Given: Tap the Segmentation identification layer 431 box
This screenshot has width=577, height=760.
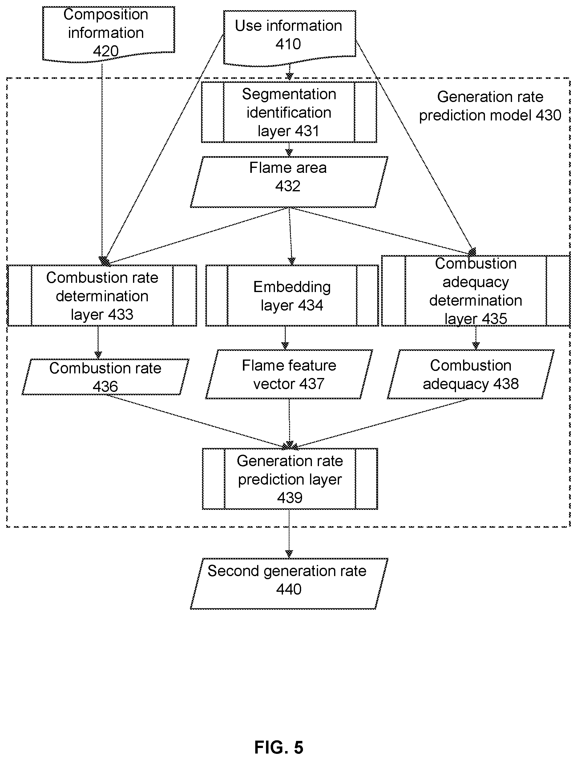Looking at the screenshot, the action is click(x=289, y=112).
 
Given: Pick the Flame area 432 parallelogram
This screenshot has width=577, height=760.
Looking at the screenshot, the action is click(x=289, y=182).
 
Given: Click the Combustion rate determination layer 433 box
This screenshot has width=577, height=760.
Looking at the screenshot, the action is click(x=102, y=295).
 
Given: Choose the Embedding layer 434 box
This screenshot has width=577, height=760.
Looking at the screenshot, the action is click(x=292, y=295).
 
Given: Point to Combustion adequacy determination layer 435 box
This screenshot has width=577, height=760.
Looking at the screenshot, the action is click(x=476, y=291).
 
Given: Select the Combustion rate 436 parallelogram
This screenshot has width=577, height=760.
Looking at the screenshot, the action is click(x=105, y=377).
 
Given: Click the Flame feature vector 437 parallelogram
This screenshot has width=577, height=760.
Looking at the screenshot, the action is click(x=289, y=374).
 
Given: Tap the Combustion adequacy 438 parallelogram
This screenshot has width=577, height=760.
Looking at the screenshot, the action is click(x=470, y=374).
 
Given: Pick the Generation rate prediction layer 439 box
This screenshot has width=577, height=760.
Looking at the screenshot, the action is click(x=290, y=479).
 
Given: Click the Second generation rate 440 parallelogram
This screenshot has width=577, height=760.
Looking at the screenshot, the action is click(x=289, y=584).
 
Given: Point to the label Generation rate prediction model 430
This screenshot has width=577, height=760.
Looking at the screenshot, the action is click(x=490, y=106).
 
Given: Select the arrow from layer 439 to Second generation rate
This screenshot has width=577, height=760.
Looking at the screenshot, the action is click(x=289, y=534).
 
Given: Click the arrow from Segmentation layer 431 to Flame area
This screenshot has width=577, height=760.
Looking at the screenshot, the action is click(x=289, y=149).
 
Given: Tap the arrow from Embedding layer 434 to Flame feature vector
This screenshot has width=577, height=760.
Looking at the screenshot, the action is click(x=285, y=338).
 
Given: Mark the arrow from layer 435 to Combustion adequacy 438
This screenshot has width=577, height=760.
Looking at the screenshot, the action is click(x=476, y=338).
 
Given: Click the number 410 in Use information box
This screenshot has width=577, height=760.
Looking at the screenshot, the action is click(x=288, y=44).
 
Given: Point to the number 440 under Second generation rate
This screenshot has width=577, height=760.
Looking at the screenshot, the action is click(x=289, y=589).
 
